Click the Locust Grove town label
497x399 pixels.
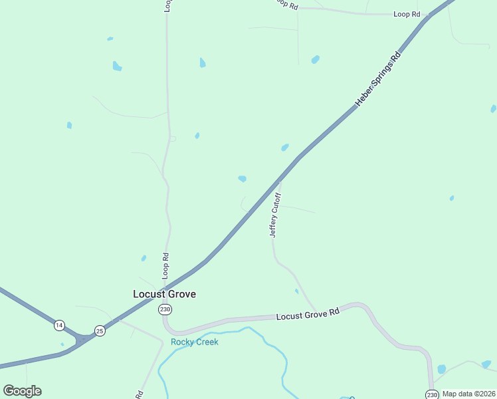[x=164, y=294]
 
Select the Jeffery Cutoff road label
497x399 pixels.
[x=276, y=215]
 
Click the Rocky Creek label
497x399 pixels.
[x=194, y=342]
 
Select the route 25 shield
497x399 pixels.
[x=100, y=331]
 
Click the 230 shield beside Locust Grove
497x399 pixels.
[x=165, y=310]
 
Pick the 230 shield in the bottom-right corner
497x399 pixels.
[x=432, y=394]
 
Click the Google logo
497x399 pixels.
[x=22, y=391]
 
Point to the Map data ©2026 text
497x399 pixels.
[x=468, y=394]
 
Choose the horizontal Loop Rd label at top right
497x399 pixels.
[x=407, y=14]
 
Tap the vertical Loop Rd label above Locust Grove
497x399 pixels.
[x=166, y=265]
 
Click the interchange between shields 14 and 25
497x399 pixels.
[x=81, y=340]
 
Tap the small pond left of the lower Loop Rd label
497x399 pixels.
[x=144, y=258]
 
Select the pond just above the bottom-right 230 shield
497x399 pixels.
[x=442, y=369]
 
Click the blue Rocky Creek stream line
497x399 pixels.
[x=266, y=338]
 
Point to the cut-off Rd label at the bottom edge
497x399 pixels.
[x=140, y=394]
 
